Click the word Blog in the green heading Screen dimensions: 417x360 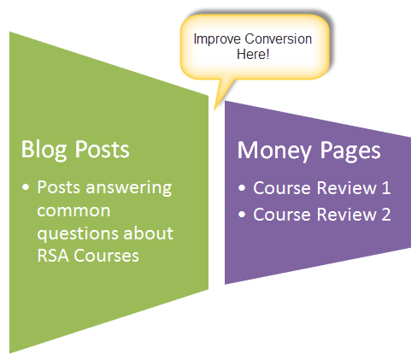click(x=44, y=150)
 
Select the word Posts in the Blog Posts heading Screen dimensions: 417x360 click(x=102, y=149)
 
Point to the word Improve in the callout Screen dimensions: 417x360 click(x=217, y=39)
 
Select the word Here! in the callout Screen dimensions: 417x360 click(x=253, y=54)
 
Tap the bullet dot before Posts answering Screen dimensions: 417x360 click(x=26, y=187)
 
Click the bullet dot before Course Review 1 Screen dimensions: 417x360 click(x=242, y=188)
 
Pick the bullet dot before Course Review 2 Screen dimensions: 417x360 click(x=242, y=214)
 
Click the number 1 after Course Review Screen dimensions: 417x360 click(x=386, y=188)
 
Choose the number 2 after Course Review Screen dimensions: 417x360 click(x=386, y=215)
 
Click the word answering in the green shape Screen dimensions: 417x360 click(x=129, y=188)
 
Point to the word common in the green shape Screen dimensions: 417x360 click(x=73, y=211)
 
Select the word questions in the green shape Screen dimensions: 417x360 click(x=79, y=234)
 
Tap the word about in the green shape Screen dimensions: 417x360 click(x=148, y=233)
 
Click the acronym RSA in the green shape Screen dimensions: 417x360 click(x=53, y=256)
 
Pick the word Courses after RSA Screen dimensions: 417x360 click(x=106, y=256)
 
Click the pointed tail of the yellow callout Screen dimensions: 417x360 click(x=214, y=109)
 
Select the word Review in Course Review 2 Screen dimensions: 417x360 click(x=346, y=215)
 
